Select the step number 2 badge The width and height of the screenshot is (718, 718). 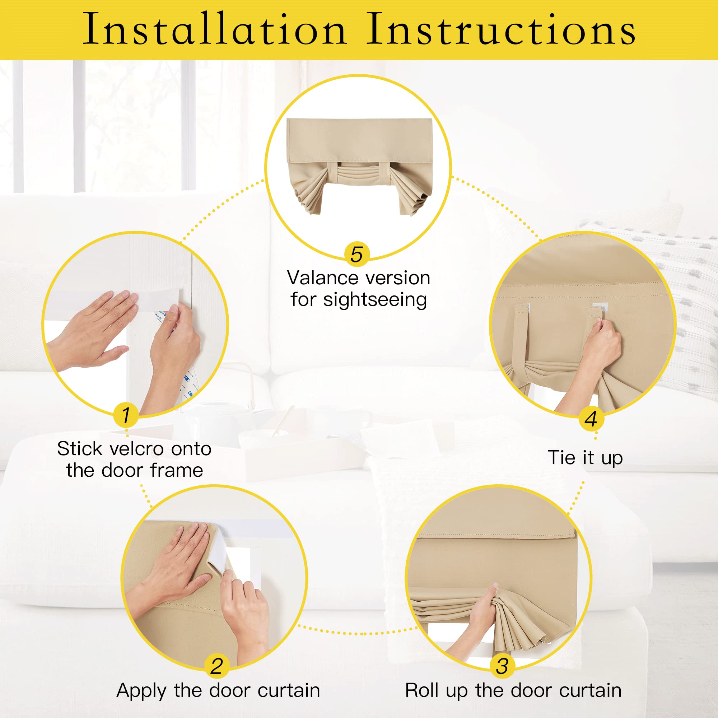point(217,666)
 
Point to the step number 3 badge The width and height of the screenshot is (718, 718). point(502,666)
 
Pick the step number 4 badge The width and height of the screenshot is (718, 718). point(591,419)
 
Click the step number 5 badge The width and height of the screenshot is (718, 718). point(357,255)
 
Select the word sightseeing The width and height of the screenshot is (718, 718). point(375,300)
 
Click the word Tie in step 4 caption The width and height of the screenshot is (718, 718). point(561,457)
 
